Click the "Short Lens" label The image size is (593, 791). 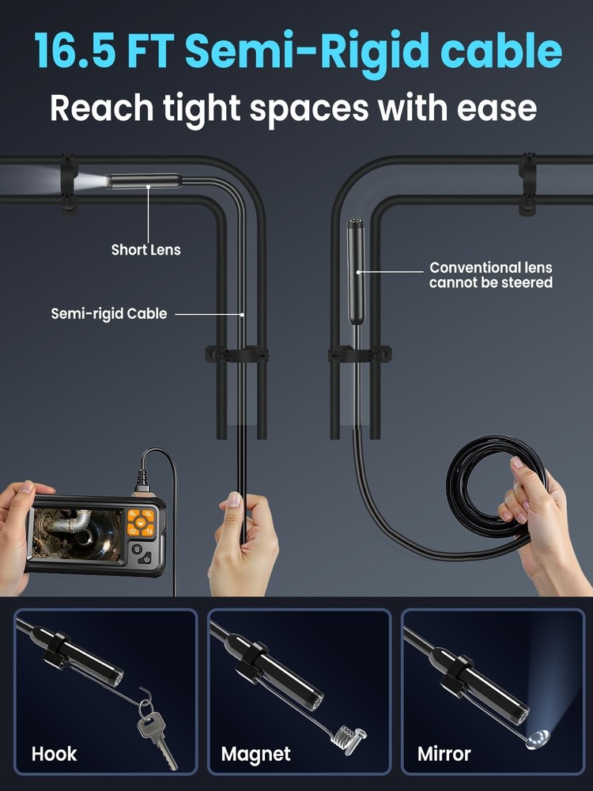point(145,250)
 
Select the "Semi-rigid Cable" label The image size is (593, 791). point(109,314)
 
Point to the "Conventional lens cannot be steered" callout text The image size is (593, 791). point(491,275)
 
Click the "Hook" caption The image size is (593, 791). point(55,754)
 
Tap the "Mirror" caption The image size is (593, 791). point(445,754)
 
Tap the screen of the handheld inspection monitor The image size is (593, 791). point(77,534)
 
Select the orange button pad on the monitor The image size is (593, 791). point(142,522)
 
